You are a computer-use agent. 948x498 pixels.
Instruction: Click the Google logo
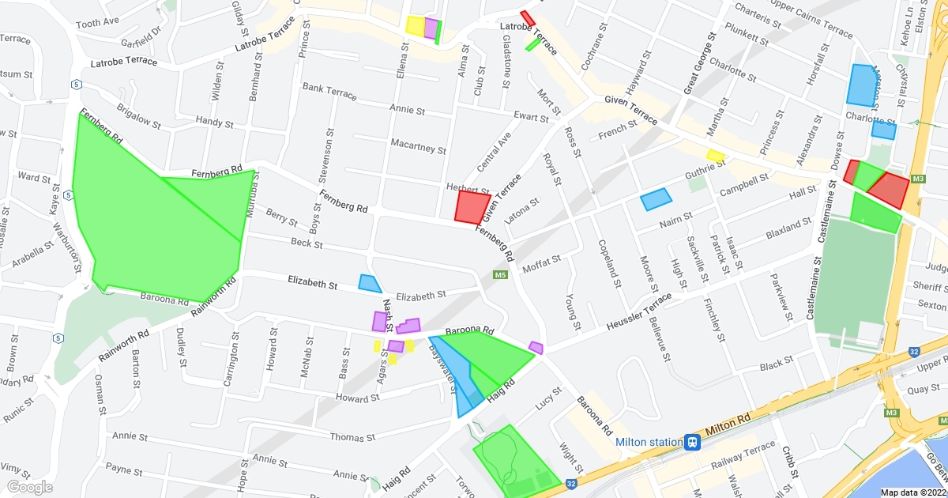[x=29, y=487]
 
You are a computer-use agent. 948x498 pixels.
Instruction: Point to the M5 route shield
[x=499, y=275]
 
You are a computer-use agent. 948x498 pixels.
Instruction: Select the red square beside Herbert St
[x=472, y=207]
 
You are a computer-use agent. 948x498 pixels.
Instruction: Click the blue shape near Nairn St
[x=656, y=198]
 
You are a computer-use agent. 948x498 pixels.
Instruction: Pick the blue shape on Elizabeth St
[x=370, y=283]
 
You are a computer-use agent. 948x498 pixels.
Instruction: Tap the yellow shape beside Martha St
[x=715, y=156]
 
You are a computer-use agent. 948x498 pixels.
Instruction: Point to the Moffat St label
[x=542, y=259]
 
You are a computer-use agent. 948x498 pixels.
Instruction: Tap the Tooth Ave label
[x=97, y=23]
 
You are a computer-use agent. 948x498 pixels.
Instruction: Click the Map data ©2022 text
[x=912, y=492]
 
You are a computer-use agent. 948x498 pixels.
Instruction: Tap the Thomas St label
[x=352, y=437]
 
